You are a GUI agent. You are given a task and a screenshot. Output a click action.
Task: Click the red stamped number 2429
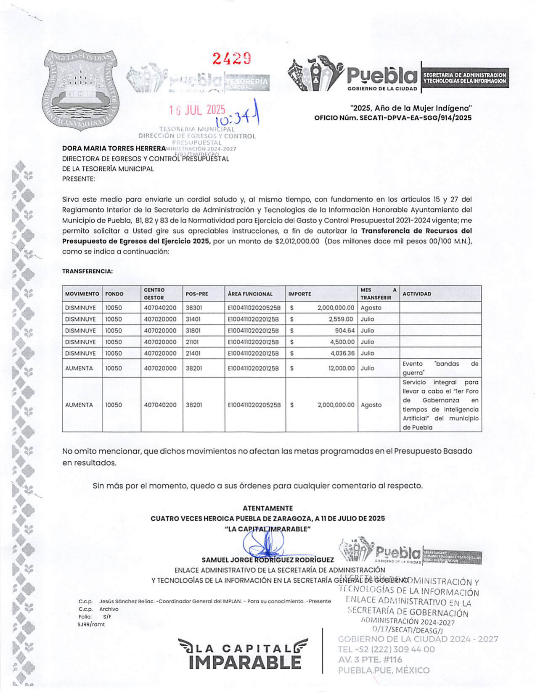(232, 58)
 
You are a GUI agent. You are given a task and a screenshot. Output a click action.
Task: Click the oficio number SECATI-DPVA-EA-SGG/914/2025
(416, 118)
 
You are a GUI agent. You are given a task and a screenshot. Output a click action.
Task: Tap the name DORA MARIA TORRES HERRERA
(114, 148)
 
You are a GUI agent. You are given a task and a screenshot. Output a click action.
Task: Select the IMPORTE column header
(300, 294)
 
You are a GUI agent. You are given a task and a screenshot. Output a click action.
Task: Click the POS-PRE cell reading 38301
(194, 308)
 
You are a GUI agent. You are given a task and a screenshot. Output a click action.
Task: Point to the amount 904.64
(344, 330)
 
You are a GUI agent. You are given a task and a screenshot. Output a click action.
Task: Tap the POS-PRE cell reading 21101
(192, 342)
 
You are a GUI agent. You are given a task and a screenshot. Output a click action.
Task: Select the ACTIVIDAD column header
(417, 294)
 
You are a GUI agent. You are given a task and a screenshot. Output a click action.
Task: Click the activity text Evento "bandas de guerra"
(440, 368)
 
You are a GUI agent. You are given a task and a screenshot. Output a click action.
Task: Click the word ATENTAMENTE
(267, 508)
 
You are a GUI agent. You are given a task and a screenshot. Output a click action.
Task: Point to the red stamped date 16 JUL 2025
(197, 111)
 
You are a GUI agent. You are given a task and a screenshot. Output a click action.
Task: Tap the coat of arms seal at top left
(81, 90)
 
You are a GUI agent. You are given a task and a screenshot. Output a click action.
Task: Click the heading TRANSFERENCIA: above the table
(87, 272)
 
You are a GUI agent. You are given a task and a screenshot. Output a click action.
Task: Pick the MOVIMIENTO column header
(82, 294)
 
